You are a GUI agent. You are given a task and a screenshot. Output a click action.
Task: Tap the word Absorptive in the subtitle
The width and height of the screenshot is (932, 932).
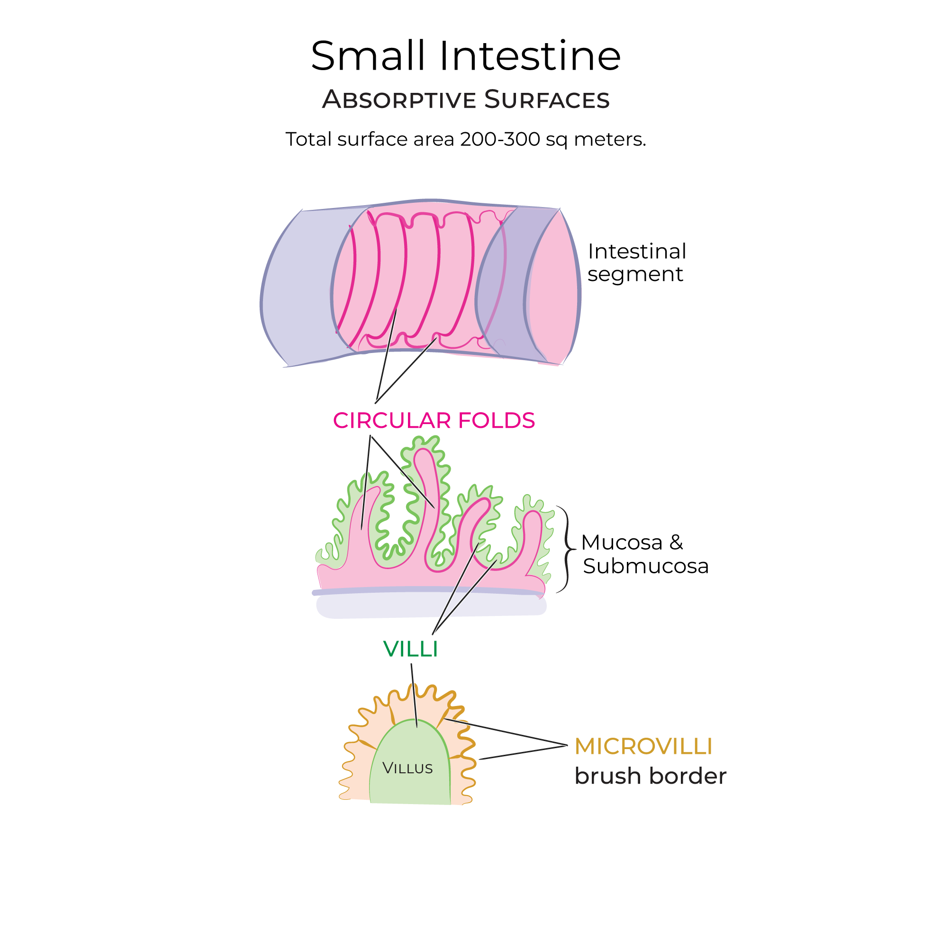(x=399, y=100)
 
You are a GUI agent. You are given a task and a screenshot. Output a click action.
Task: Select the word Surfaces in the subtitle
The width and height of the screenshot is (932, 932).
(x=547, y=100)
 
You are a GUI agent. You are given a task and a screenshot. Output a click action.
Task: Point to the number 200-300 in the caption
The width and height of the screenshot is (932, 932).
(x=500, y=139)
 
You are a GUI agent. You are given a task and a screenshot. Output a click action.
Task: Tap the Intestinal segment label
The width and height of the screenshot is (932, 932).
(x=636, y=263)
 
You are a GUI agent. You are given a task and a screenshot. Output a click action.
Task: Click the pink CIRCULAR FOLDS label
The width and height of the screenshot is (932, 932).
(x=434, y=421)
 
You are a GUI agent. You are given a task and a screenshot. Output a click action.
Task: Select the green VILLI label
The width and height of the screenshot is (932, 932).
(x=410, y=649)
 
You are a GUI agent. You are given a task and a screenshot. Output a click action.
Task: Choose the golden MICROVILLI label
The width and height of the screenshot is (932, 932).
(x=643, y=747)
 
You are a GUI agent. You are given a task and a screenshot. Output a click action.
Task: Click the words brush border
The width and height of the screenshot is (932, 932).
(x=650, y=777)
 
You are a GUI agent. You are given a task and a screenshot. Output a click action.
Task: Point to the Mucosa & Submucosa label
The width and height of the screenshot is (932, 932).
(x=644, y=554)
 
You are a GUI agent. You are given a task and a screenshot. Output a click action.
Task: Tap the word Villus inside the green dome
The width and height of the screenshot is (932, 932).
(x=407, y=769)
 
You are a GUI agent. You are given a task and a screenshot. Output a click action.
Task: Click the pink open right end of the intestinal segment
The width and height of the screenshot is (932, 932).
(x=555, y=290)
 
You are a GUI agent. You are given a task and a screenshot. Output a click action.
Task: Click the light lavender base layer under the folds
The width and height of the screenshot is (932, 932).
(x=429, y=606)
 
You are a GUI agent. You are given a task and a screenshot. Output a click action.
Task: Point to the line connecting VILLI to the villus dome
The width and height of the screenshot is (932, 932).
(x=414, y=695)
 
